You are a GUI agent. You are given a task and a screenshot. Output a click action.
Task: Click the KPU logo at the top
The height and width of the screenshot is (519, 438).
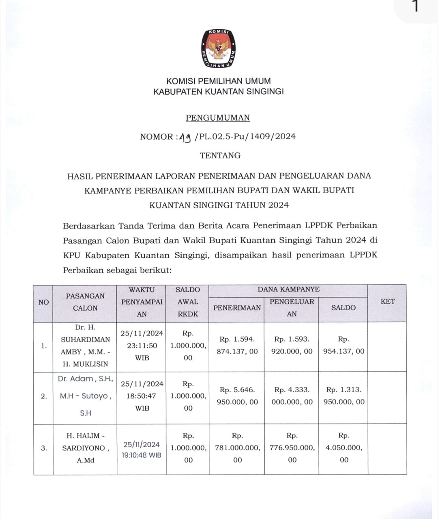click(x=219, y=48)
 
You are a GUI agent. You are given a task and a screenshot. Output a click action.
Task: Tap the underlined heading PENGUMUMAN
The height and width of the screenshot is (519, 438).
click(x=218, y=118)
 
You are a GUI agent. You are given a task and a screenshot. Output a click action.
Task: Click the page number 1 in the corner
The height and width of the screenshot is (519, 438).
click(x=414, y=6)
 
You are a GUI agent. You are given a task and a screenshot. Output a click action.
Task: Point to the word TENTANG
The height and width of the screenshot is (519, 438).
click(x=220, y=156)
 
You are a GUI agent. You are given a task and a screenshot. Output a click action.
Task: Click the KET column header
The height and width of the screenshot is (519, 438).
click(x=387, y=301)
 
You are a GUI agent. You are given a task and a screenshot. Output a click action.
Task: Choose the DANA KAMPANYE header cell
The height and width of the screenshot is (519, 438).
click(x=288, y=290)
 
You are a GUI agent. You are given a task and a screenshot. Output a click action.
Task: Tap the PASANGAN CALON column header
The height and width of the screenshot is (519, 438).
click(x=85, y=302)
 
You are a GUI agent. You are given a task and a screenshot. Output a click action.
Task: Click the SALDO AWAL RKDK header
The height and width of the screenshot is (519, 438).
click(x=188, y=302)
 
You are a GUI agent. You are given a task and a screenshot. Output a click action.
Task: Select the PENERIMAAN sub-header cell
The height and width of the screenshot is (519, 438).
click(x=237, y=308)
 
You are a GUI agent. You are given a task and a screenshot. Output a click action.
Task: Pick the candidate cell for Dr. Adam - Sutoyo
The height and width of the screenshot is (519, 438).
click(x=85, y=396)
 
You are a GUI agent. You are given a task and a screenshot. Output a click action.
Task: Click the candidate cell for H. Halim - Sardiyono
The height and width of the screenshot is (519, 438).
click(x=85, y=448)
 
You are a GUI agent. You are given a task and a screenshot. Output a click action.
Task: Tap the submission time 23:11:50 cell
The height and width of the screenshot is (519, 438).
click(x=142, y=346)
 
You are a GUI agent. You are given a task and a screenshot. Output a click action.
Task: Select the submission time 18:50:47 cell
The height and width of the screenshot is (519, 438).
click(x=142, y=396)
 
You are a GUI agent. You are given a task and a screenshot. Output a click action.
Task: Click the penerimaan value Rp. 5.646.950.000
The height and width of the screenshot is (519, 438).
click(x=237, y=396)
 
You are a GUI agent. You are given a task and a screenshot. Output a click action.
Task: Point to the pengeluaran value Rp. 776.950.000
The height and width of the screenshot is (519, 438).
click(x=292, y=448)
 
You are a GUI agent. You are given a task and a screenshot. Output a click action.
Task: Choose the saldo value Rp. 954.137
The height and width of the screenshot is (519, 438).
click(x=344, y=346)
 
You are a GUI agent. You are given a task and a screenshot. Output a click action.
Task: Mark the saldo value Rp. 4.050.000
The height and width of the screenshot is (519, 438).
click(x=344, y=448)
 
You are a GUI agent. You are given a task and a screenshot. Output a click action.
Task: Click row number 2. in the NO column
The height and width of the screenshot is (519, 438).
click(x=43, y=396)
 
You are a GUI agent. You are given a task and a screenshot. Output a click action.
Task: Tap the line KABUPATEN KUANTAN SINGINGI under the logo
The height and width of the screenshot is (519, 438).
click(x=218, y=92)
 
